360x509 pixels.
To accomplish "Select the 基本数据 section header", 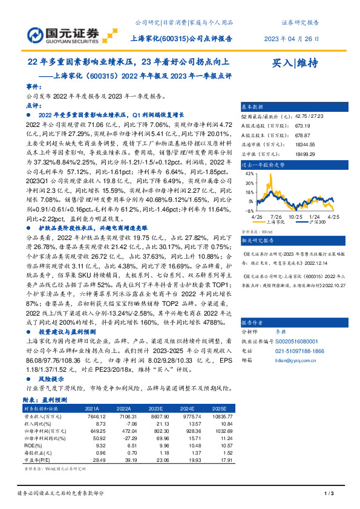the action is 253,106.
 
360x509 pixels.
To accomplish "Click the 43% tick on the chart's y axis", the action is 248,174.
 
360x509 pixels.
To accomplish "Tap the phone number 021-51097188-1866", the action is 300,350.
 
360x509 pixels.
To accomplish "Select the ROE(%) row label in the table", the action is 36,444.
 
